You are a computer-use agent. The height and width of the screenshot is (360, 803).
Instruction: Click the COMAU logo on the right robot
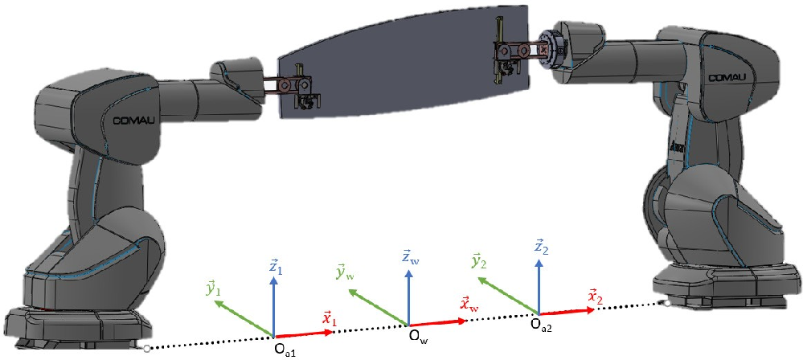tap(725, 76)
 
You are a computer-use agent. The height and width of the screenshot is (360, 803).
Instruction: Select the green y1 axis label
tap(213, 288)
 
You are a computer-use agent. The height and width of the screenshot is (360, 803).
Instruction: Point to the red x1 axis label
tap(329, 318)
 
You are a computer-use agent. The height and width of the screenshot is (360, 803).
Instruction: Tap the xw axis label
tap(470, 304)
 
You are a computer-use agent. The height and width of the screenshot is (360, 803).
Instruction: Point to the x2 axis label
tap(596, 297)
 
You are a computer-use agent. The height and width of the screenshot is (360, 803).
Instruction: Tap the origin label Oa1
tap(286, 351)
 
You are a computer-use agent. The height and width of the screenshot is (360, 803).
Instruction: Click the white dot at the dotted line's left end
tap(146, 349)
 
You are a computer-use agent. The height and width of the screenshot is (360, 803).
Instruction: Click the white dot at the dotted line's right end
tap(666, 303)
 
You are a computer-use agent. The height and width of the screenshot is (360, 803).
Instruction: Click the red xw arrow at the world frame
tap(437, 321)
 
